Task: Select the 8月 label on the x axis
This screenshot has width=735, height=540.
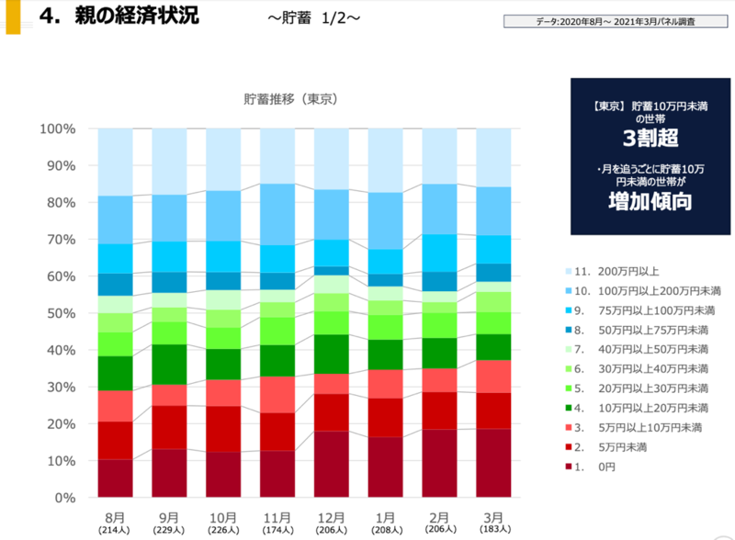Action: (115, 516)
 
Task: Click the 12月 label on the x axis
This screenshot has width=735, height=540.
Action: (332, 516)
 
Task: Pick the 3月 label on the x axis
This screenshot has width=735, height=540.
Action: (494, 516)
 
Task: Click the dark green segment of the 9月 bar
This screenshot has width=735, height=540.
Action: (169, 364)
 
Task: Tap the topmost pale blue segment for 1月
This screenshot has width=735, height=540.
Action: (386, 161)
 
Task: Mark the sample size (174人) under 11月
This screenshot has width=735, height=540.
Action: (277, 530)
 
